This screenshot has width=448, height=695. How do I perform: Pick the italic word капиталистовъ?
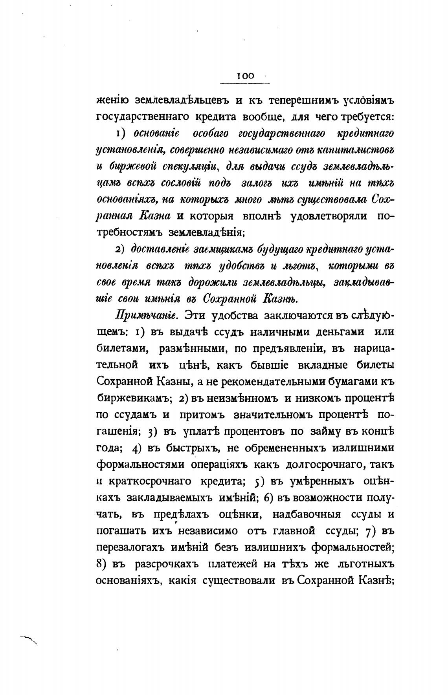coord(356,150)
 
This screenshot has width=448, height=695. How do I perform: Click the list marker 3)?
coord(152,432)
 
